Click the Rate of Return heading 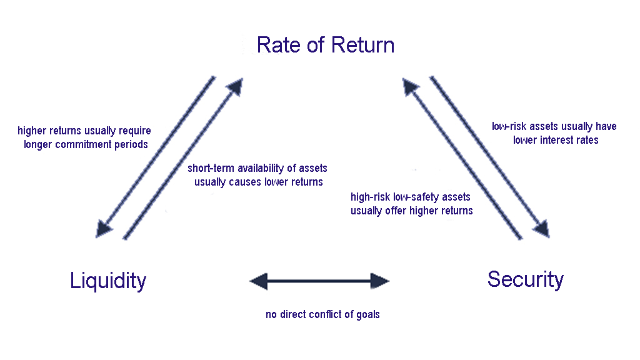pos(325,45)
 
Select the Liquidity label pos(108,281)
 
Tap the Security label pos(526,280)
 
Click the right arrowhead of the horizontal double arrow pos(380,281)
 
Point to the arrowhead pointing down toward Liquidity pos(104,229)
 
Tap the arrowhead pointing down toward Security pos(542,229)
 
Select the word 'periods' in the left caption pos(132,144)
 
